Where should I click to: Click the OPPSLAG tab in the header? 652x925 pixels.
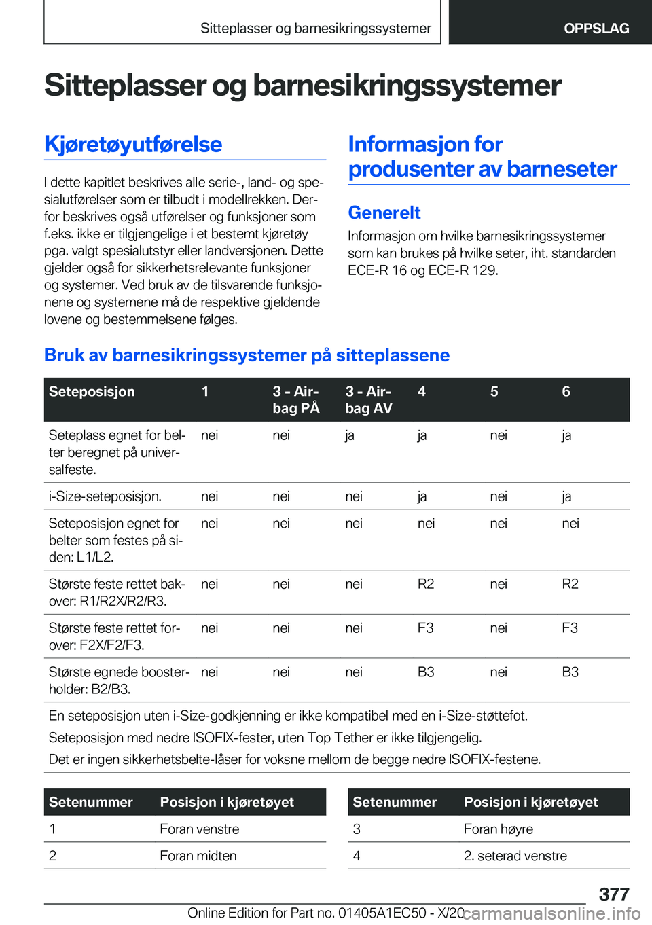click(x=596, y=29)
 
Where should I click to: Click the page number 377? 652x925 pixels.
click(x=614, y=894)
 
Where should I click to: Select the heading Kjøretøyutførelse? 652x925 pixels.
click(x=133, y=145)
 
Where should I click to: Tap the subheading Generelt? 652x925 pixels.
click(x=384, y=213)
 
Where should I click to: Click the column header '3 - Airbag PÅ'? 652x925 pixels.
click(x=296, y=399)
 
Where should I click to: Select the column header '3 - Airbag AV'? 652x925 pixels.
click(x=369, y=399)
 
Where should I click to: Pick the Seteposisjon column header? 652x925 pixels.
click(x=92, y=392)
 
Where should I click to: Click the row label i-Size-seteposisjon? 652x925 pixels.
click(x=105, y=496)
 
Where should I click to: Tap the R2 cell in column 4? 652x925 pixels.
click(x=426, y=584)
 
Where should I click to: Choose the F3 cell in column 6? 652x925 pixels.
click(x=570, y=628)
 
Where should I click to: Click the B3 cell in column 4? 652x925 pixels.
click(x=426, y=672)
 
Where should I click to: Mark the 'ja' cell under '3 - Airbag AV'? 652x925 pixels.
click(x=350, y=435)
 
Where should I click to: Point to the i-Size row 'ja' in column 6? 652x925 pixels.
click(x=566, y=496)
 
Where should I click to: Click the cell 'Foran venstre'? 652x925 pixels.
click(x=200, y=829)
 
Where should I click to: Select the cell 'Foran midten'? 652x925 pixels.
click(x=198, y=856)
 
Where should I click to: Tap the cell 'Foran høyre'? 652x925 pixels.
click(x=499, y=829)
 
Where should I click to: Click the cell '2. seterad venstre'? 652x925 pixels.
click(x=515, y=856)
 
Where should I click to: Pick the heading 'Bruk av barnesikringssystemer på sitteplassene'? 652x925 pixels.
click(x=247, y=355)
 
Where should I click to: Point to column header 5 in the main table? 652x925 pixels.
click(x=494, y=392)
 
